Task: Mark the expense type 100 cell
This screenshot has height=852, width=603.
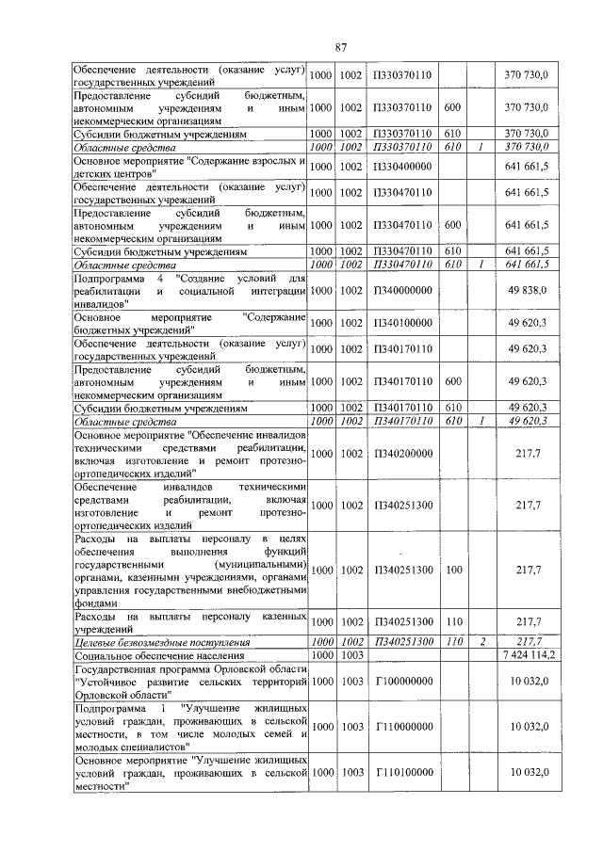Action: tap(453, 570)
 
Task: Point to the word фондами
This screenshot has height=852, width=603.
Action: tap(96, 603)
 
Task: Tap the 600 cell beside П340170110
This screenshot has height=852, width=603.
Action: tap(453, 382)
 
